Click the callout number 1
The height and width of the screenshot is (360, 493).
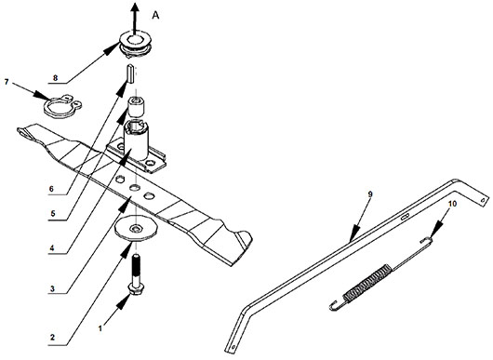pos(100,329)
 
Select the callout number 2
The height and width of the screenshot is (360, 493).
pos(52,338)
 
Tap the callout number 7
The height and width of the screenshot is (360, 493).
pos(7,82)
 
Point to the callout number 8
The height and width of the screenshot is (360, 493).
pos(55,77)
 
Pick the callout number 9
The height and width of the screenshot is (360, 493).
pos(370,194)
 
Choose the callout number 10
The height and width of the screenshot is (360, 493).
pos(452,204)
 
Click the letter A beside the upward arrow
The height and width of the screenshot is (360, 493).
pos(155,15)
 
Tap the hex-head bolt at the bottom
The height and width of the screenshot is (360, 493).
pos(136,274)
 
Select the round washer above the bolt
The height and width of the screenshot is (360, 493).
pos(136,230)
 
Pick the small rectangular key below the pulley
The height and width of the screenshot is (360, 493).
pos(131,73)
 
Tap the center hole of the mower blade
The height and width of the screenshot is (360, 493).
pos(135,188)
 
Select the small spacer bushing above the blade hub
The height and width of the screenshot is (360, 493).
pos(136,106)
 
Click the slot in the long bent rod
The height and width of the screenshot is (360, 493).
pos(405,217)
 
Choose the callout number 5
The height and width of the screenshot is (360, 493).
pos(52,214)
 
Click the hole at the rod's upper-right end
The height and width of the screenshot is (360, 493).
pos(483,200)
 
